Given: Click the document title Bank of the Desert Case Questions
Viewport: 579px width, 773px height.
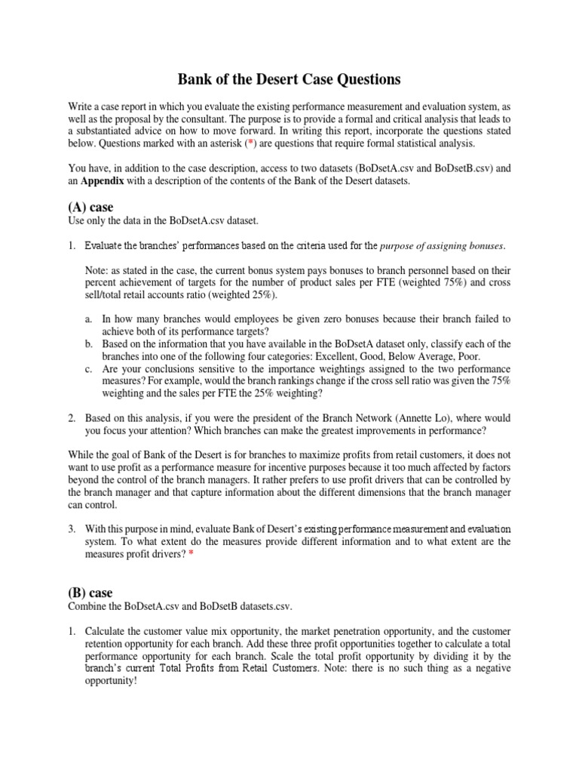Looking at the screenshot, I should coord(289,79).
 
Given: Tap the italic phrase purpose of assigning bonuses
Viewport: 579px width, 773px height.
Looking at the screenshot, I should coord(443,245).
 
